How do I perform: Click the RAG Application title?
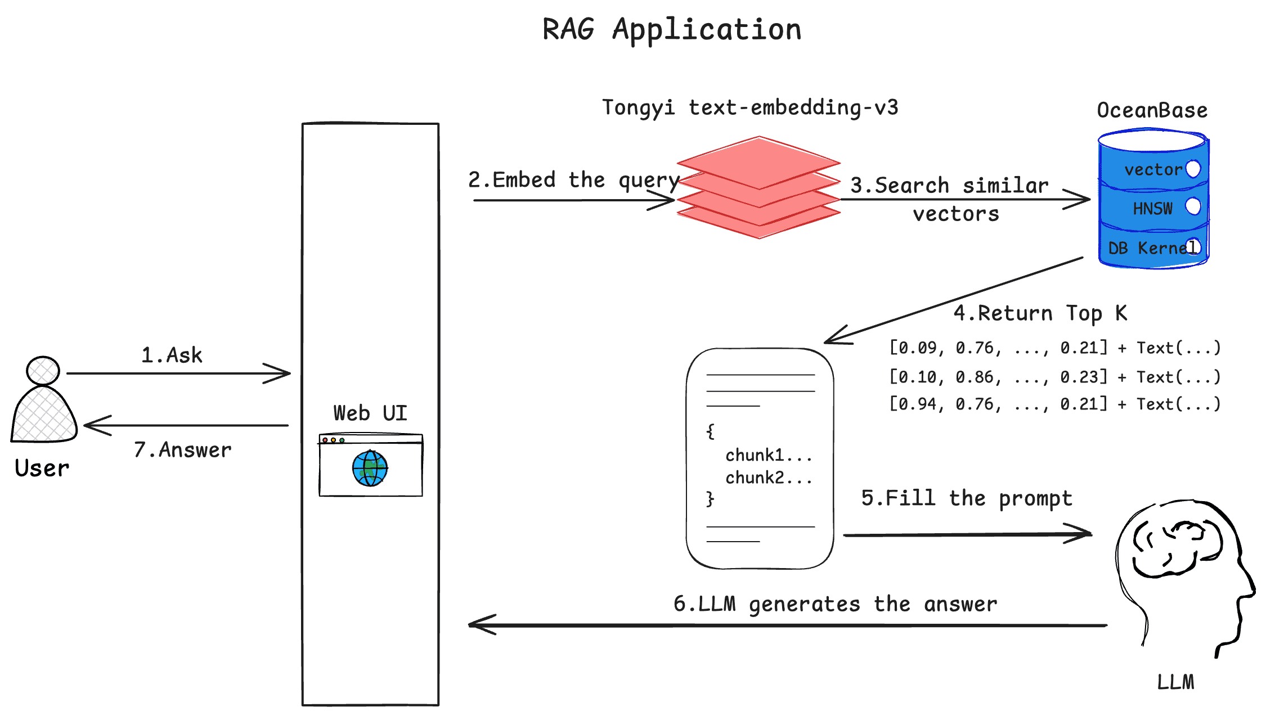672,29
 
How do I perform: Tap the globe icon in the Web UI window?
370,468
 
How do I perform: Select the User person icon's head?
43,371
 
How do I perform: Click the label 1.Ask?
171,355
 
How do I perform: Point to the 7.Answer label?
182,450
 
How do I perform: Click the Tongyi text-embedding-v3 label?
750,107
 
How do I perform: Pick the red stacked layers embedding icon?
758,187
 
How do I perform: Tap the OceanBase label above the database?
1152,110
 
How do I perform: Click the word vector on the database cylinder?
1153,169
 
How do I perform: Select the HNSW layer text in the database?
1152,209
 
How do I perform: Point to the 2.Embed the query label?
574,180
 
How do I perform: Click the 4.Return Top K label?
1040,313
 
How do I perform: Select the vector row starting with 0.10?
1054,377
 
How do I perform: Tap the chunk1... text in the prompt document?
768,454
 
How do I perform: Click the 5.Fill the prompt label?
966,498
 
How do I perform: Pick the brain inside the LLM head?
1173,548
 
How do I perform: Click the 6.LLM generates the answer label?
835,604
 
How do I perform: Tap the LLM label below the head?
1175,682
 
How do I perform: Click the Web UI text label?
370,413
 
